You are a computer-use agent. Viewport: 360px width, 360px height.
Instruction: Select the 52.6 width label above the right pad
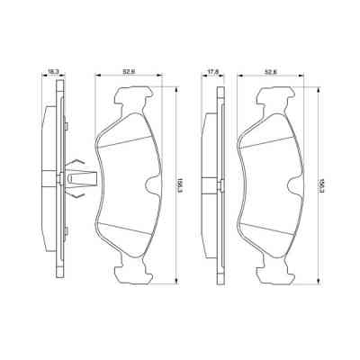pos(270,65)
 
